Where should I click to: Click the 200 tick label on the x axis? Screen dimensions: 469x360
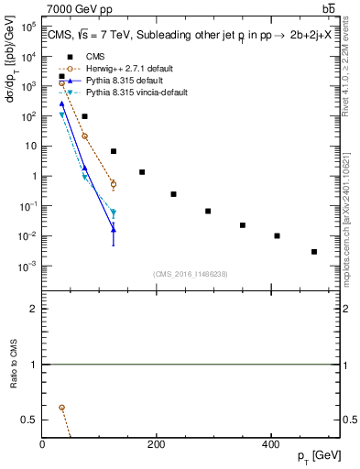tap(157, 444)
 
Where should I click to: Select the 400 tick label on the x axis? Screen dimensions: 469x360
tap(270, 444)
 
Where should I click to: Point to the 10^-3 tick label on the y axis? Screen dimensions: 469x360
tap(27, 267)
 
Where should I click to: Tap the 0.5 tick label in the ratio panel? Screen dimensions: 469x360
tap(30, 420)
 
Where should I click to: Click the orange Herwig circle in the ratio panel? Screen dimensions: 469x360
tap(61, 407)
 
